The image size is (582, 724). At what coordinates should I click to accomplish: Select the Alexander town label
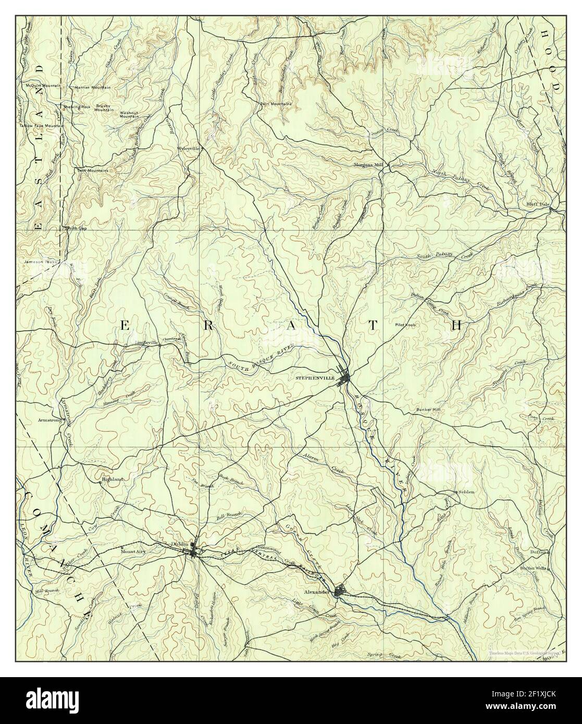318,592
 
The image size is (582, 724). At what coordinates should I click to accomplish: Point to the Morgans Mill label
365,165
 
